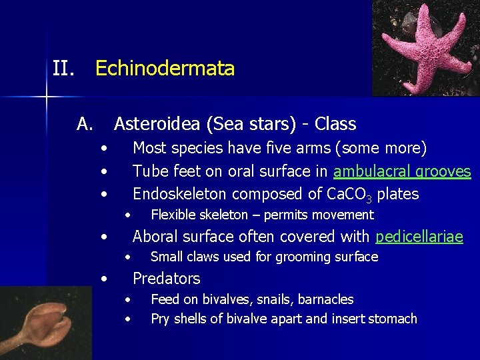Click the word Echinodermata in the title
click(165, 69)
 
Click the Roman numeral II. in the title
click(63, 69)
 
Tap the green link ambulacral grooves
click(402, 171)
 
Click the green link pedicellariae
click(419, 237)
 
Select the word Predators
click(166, 279)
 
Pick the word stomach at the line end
click(393, 319)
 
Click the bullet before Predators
click(104, 279)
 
